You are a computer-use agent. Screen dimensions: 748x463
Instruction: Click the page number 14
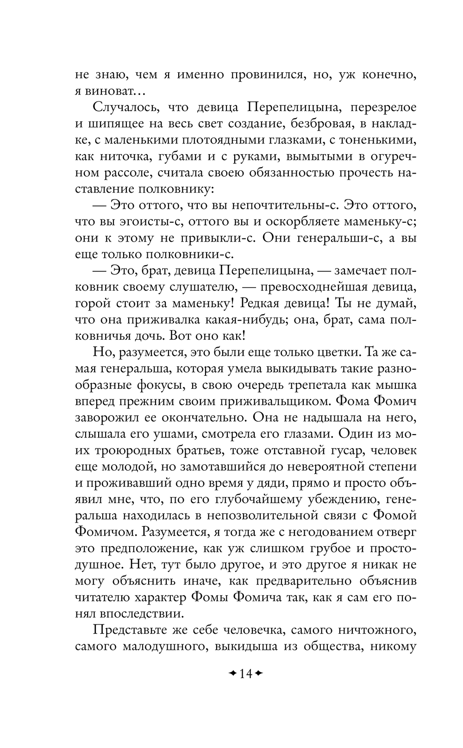[245, 673]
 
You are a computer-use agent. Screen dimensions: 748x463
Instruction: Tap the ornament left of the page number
[232, 673]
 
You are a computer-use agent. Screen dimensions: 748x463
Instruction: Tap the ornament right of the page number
[258, 673]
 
